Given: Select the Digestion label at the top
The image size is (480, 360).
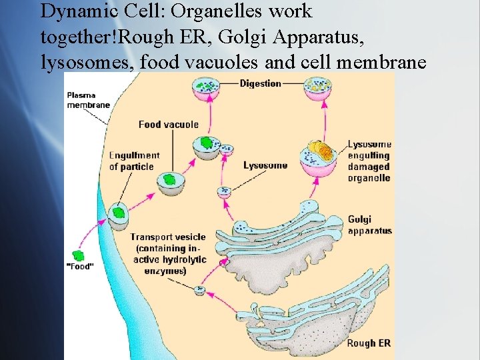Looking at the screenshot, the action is tap(260, 83).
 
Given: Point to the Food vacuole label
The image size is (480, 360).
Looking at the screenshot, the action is tap(168, 124).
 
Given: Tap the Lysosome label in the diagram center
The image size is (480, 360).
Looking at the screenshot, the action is tap(265, 165).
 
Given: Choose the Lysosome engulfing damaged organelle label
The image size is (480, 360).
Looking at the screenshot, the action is tap(369, 161).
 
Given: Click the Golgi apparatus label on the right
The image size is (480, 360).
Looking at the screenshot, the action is tap(369, 225).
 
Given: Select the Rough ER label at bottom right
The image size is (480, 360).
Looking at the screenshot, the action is tap(369, 344).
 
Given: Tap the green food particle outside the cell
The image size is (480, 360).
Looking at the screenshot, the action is tap(79, 255).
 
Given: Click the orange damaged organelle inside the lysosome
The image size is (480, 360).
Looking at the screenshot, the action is tap(318, 151).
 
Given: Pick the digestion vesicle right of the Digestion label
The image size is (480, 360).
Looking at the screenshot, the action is tap(317, 88).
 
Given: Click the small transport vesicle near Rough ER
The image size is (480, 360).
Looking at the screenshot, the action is tap(199, 290).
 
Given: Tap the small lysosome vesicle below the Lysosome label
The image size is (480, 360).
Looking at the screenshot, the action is tap(225, 192).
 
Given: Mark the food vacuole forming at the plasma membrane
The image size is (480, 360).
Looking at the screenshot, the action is tap(119, 215).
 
